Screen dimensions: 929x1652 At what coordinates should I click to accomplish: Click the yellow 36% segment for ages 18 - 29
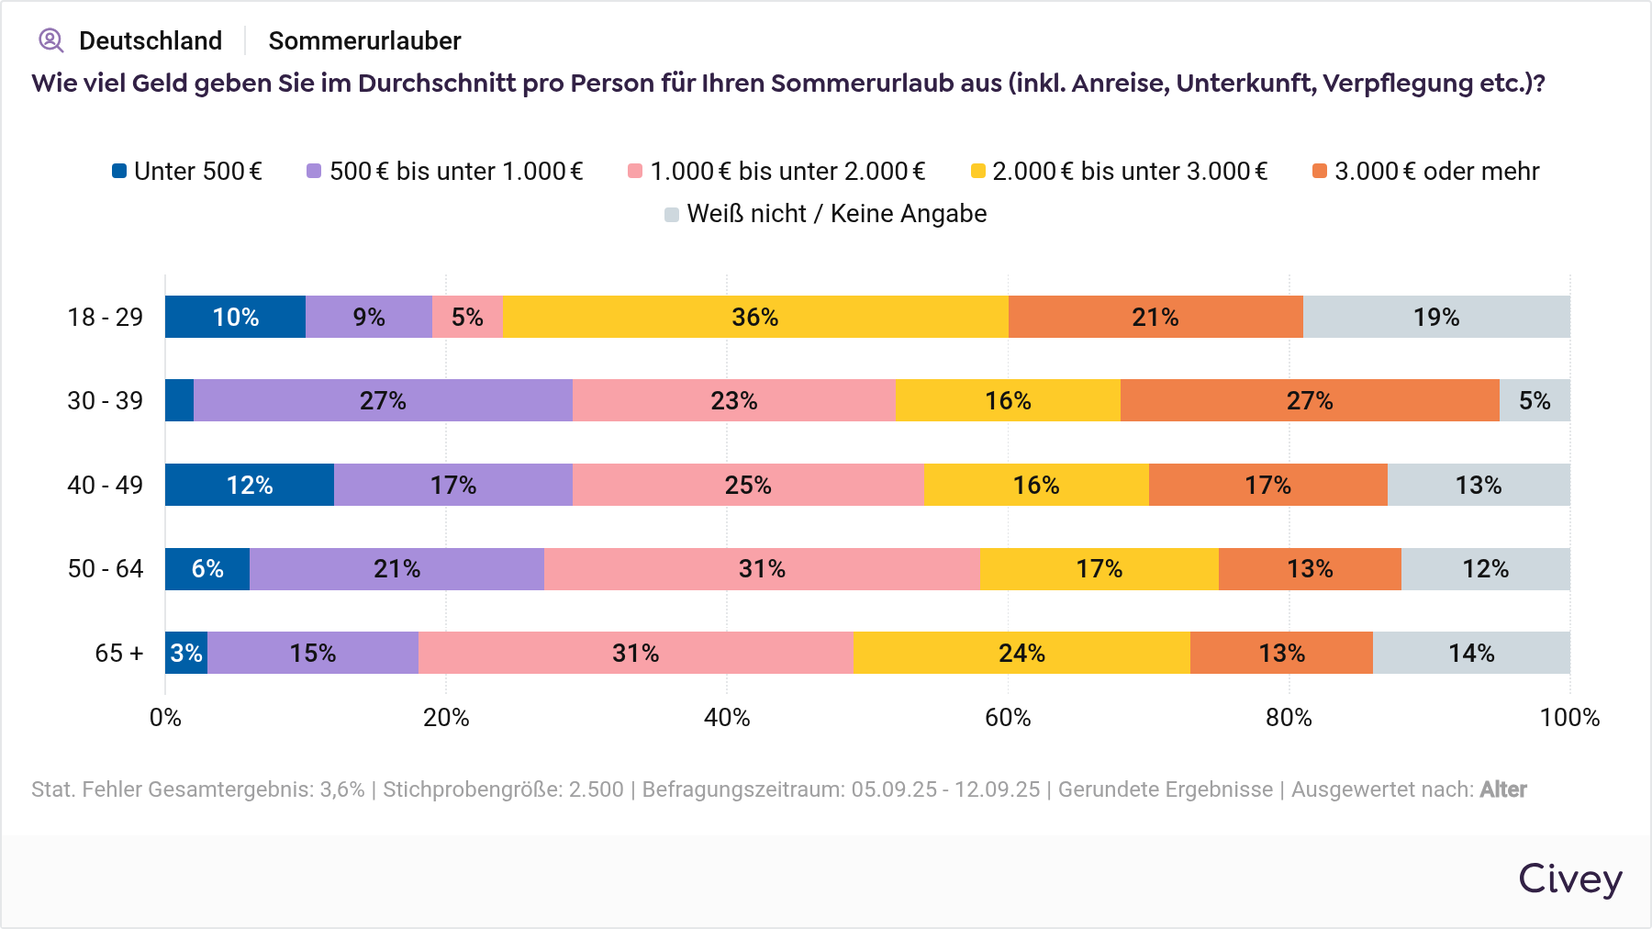point(754,317)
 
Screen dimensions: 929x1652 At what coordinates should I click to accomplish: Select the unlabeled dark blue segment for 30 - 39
point(180,400)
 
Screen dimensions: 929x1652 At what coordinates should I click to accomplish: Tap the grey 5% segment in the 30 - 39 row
point(1535,400)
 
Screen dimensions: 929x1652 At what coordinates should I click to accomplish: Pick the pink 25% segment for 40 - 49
point(748,485)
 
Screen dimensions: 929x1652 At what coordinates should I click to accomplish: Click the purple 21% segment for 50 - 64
point(396,569)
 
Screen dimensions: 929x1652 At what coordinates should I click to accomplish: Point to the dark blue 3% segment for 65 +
point(186,653)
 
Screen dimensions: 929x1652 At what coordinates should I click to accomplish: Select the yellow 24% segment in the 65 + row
point(1021,653)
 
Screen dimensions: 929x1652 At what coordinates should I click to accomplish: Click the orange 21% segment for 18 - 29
point(1155,317)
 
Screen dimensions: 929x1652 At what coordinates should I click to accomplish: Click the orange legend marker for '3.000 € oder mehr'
point(1320,172)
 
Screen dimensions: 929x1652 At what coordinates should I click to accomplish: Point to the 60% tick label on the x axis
point(1008,718)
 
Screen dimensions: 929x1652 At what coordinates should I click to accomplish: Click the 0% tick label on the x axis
point(165,718)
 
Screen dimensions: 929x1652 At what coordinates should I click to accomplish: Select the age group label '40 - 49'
point(106,485)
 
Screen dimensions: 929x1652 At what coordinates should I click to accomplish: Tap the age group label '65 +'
point(119,653)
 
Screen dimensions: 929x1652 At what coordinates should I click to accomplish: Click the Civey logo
point(1569,879)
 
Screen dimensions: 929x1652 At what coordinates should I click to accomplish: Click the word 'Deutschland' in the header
point(151,40)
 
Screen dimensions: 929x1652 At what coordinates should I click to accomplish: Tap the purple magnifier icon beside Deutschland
point(50,40)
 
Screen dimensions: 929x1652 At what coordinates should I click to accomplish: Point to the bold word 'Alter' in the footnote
point(1502,789)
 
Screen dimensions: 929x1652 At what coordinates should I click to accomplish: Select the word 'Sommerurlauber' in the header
point(364,40)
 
